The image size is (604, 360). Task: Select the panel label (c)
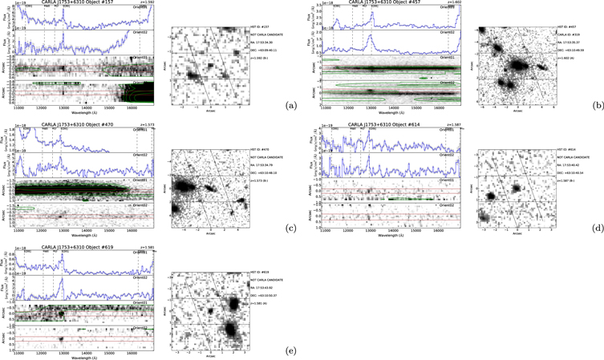[290, 229]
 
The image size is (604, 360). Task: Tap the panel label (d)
[596, 229]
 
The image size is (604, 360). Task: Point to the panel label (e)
[290, 350]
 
